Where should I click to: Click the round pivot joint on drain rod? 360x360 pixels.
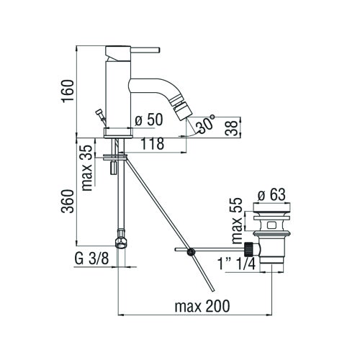coord(190,252)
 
